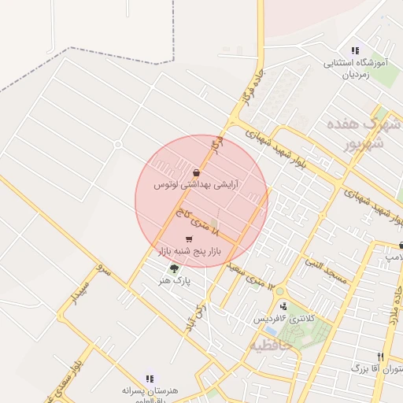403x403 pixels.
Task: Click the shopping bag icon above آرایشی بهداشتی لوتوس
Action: pos(196,172)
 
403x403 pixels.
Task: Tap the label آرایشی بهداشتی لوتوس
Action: pos(197,185)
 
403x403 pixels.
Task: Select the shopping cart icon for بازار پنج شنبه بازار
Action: pos(188,238)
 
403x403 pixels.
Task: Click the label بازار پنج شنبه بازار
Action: pos(188,251)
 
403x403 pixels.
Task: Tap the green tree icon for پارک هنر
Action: pos(174,268)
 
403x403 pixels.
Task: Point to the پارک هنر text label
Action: pos(175,279)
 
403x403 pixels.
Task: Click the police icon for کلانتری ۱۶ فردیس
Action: pos(283,306)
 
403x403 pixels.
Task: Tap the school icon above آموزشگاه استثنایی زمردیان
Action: pos(355,51)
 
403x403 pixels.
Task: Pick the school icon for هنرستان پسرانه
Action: pos(150,378)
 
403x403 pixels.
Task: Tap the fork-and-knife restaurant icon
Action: pos(380,357)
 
